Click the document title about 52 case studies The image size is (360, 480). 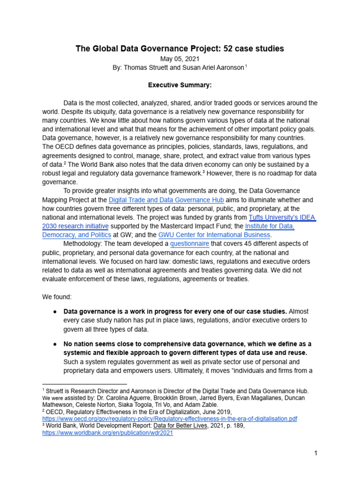(180, 49)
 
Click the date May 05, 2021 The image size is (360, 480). (180, 59)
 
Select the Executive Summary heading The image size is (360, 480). (180, 85)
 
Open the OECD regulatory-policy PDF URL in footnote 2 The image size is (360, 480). (170, 418)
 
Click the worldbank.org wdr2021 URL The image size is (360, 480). (107, 433)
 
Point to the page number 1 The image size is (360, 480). (316, 453)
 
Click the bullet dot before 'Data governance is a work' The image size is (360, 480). (54, 312)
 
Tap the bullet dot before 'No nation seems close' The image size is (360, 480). (54, 345)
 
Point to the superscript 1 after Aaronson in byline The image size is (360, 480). (246, 66)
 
